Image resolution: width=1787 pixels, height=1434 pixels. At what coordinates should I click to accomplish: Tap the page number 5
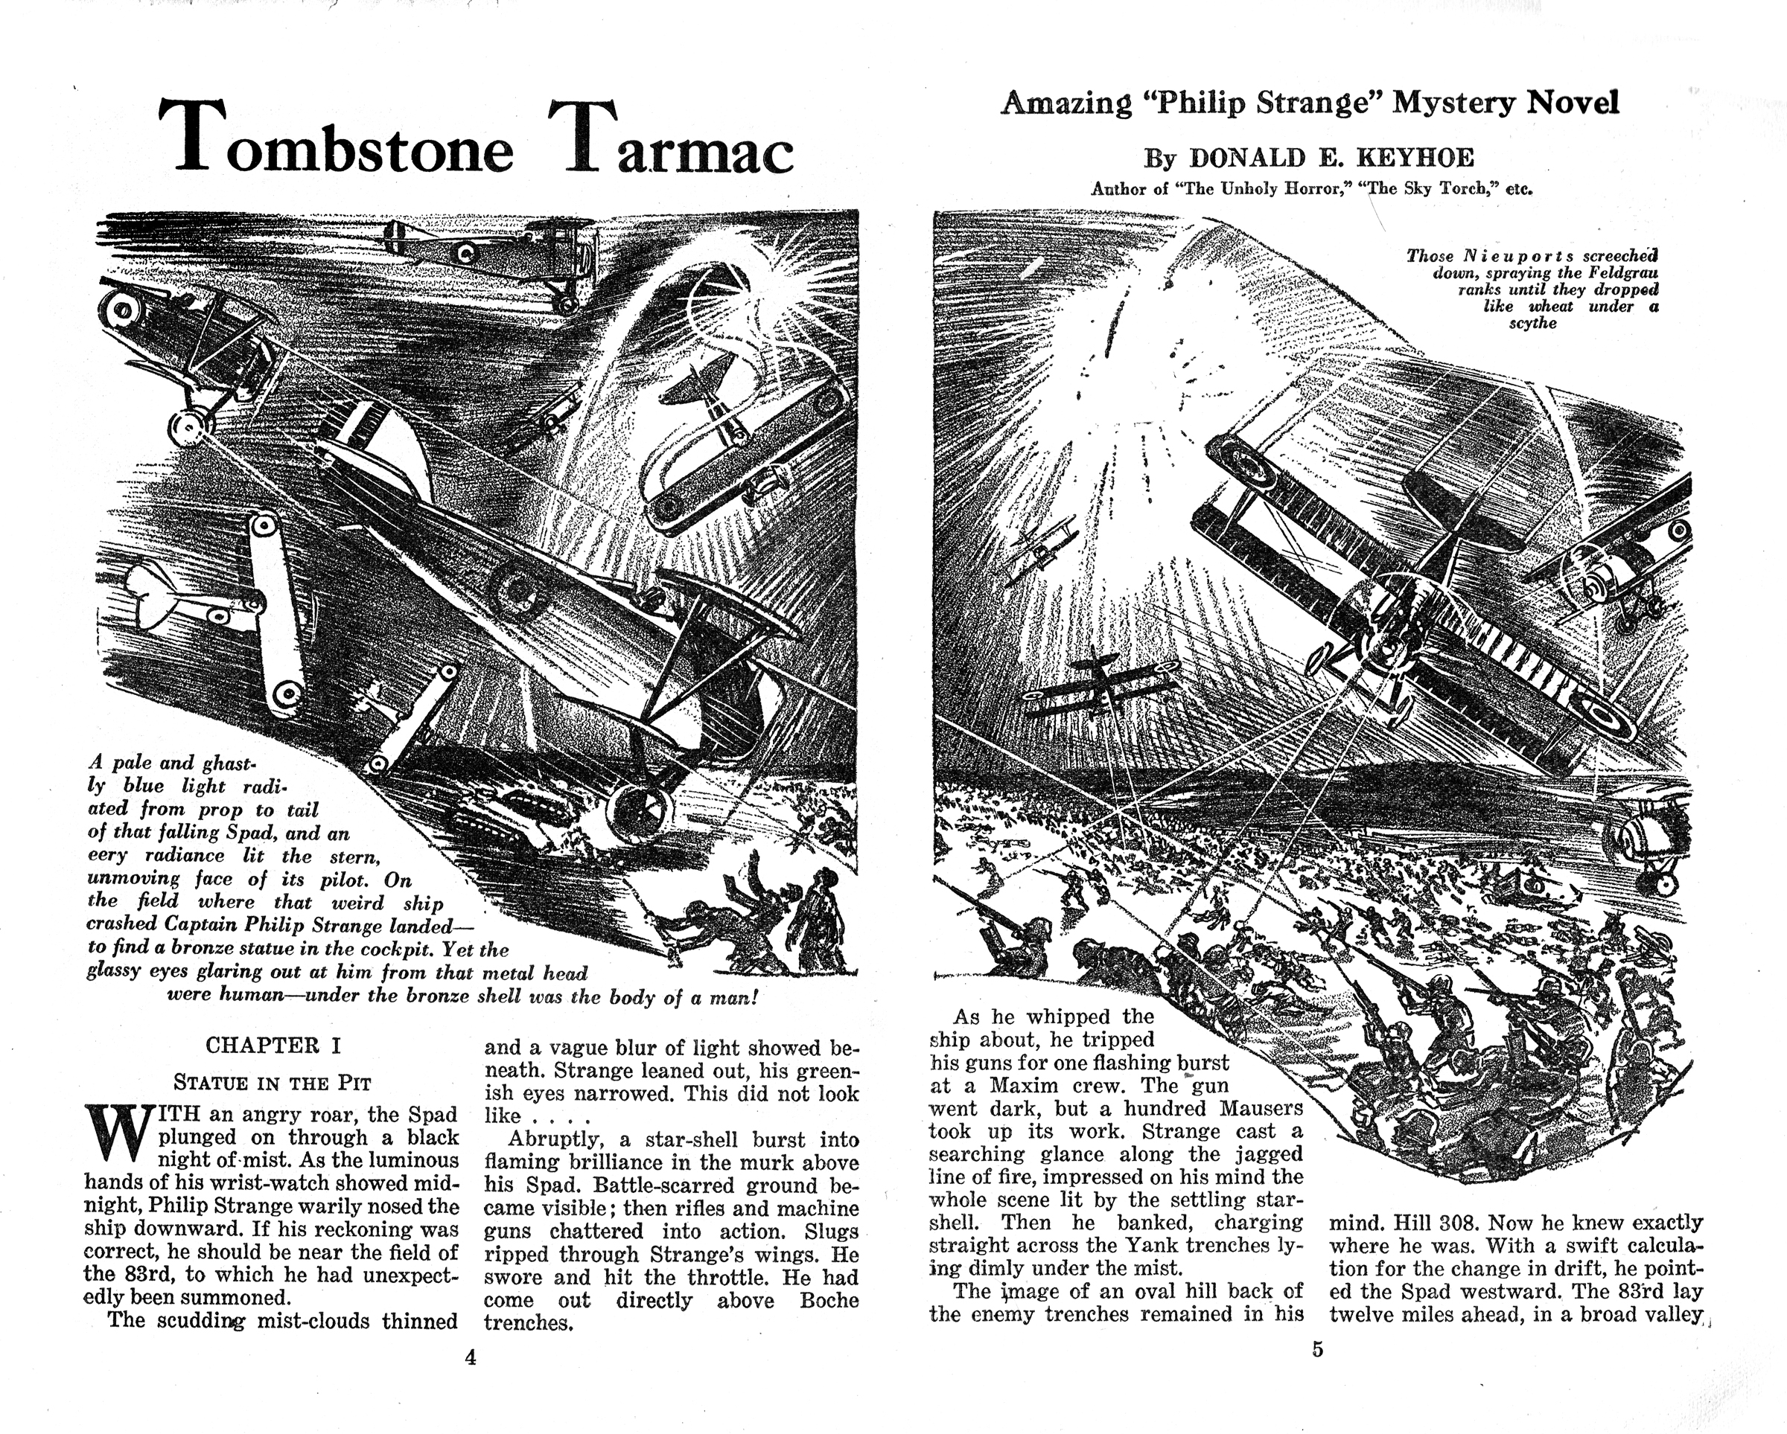click(1317, 1349)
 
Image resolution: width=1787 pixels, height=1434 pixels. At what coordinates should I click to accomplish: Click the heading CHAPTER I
click(273, 1046)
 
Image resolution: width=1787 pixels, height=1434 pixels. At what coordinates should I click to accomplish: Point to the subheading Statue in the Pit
click(273, 1082)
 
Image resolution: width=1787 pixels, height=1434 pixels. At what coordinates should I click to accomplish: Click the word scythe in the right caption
click(1532, 323)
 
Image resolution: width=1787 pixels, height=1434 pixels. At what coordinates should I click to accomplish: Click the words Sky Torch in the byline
click(1438, 188)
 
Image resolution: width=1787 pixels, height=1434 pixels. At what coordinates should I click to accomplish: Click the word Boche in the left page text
click(829, 1300)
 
